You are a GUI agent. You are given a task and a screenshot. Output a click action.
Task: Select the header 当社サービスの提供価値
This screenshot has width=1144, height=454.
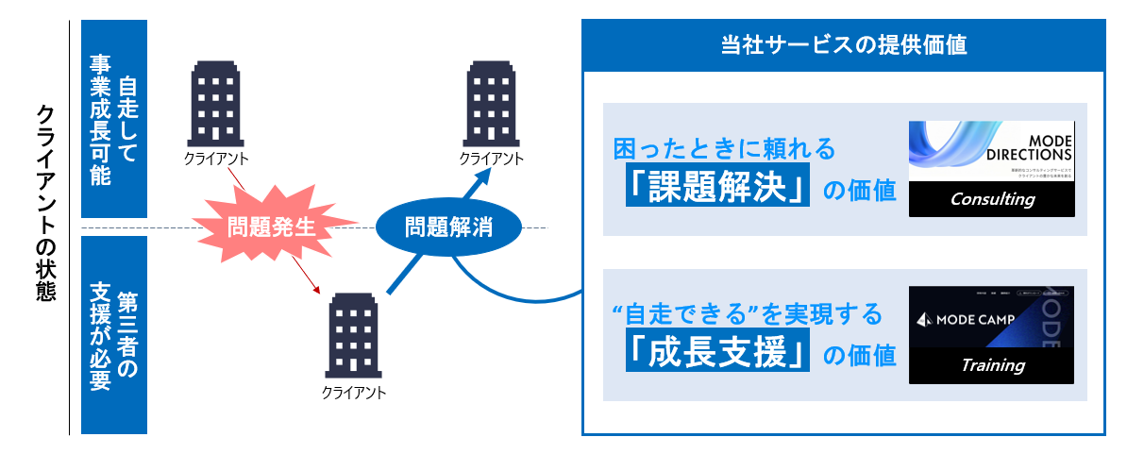tap(843, 45)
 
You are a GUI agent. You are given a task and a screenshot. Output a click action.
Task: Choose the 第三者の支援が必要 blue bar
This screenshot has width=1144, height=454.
tap(114, 334)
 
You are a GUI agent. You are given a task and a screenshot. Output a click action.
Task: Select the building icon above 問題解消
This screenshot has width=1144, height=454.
tap(491, 102)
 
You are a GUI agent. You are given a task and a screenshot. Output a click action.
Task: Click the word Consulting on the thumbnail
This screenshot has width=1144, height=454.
tap(992, 199)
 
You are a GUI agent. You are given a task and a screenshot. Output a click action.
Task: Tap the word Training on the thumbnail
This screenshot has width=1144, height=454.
tap(992, 365)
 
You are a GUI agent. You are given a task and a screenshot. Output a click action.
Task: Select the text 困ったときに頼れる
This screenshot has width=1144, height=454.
tap(725, 148)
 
